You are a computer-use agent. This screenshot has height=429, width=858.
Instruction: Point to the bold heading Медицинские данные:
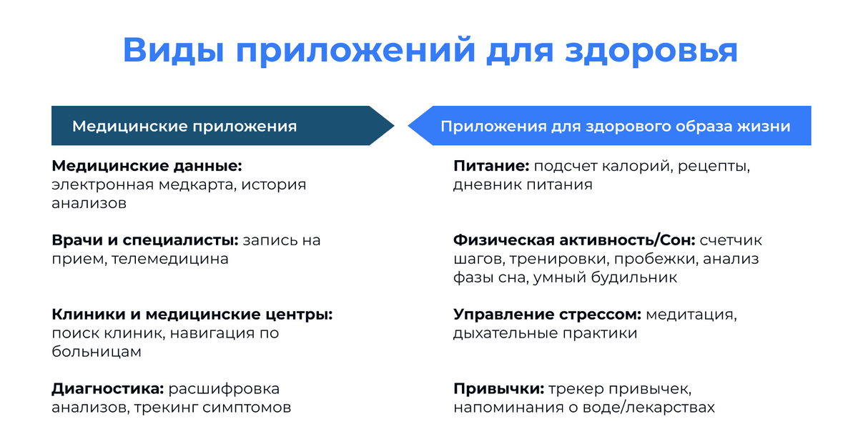[147, 166]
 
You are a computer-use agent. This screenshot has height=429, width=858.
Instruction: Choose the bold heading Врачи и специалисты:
[145, 240]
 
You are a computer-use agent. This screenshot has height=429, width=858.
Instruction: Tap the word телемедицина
[170, 259]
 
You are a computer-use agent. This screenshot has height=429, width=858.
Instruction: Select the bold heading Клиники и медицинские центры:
[192, 315]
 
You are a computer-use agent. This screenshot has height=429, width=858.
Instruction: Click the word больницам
[97, 352]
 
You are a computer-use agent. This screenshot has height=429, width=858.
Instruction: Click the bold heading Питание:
[491, 166]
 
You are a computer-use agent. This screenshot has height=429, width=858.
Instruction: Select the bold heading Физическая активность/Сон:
[575, 240]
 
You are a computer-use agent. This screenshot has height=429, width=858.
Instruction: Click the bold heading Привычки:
[499, 389]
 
